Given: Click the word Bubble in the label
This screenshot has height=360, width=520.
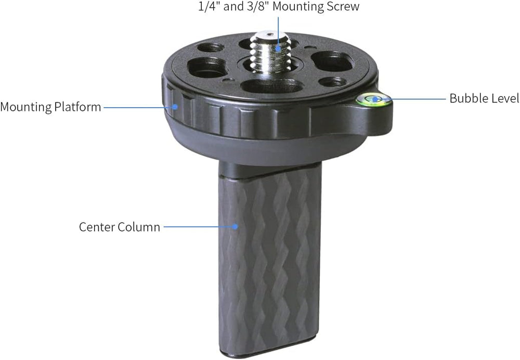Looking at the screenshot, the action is click(464, 98).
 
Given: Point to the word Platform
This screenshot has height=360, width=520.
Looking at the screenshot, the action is click(78, 107).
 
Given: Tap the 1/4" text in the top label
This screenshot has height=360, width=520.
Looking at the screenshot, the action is click(209, 7).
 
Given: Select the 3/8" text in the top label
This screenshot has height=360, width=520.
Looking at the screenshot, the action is click(258, 7).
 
